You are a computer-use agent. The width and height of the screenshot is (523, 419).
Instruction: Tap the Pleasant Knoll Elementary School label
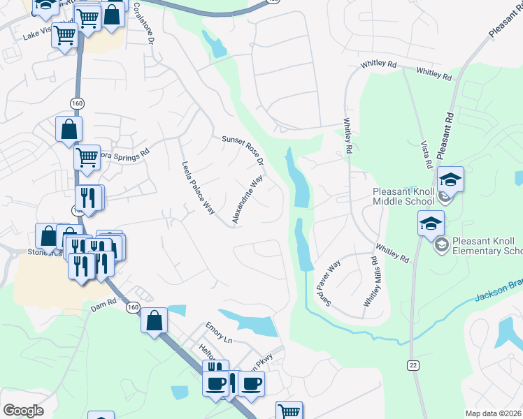click(x=487, y=246)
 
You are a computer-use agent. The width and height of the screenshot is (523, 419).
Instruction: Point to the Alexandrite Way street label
click(x=248, y=200)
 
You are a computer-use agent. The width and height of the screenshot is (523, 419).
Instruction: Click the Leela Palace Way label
click(x=198, y=189)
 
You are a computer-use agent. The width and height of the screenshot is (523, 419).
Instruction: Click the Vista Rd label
click(x=427, y=155)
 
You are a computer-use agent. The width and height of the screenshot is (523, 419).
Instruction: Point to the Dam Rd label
click(x=102, y=306)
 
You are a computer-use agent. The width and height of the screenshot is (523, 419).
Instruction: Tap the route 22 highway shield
click(x=413, y=365)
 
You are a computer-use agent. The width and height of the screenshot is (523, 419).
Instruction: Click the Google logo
click(x=23, y=411)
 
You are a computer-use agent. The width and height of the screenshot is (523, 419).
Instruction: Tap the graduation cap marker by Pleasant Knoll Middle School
click(x=451, y=180)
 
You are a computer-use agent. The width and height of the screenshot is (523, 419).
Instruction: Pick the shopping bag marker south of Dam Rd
click(x=154, y=321)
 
